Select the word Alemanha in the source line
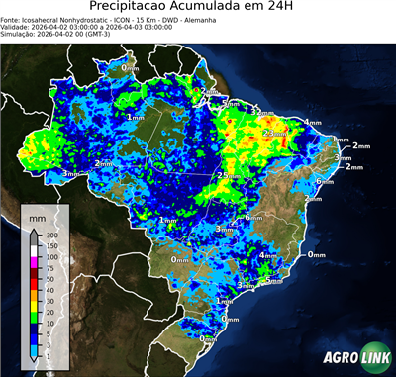187,19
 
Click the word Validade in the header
17,27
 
